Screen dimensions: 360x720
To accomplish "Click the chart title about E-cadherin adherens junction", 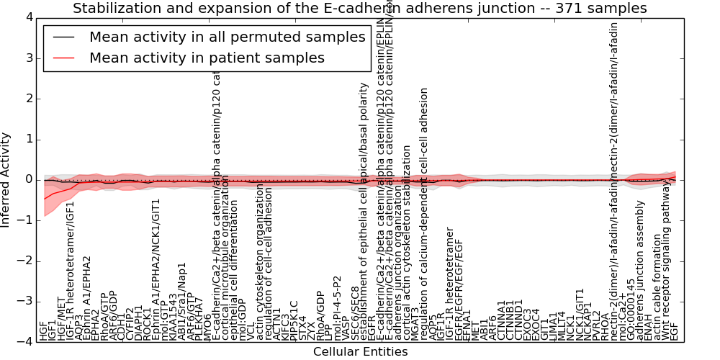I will click(x=360, y=9).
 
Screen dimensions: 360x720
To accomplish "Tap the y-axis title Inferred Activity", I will click(x=6, y=179).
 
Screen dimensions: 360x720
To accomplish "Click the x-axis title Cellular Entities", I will click(x=360, y=351).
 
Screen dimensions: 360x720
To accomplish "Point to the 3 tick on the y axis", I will click(x=26, y=58).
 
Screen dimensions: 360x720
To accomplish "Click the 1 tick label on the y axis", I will click(x=26, y=139).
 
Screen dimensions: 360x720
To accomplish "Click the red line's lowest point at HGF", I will click(x=45, y=199).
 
